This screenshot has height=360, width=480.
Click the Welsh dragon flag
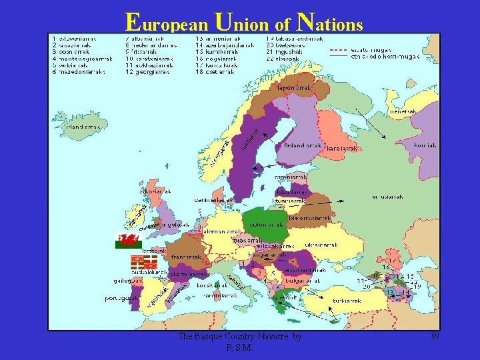point(129,240)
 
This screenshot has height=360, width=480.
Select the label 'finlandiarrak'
point(303,145)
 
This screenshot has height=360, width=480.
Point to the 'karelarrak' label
point(343,149)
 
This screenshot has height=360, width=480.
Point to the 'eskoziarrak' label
point(155,191)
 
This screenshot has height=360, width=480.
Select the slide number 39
point(434,337)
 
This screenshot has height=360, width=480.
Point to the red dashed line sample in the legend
point(341,49)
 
